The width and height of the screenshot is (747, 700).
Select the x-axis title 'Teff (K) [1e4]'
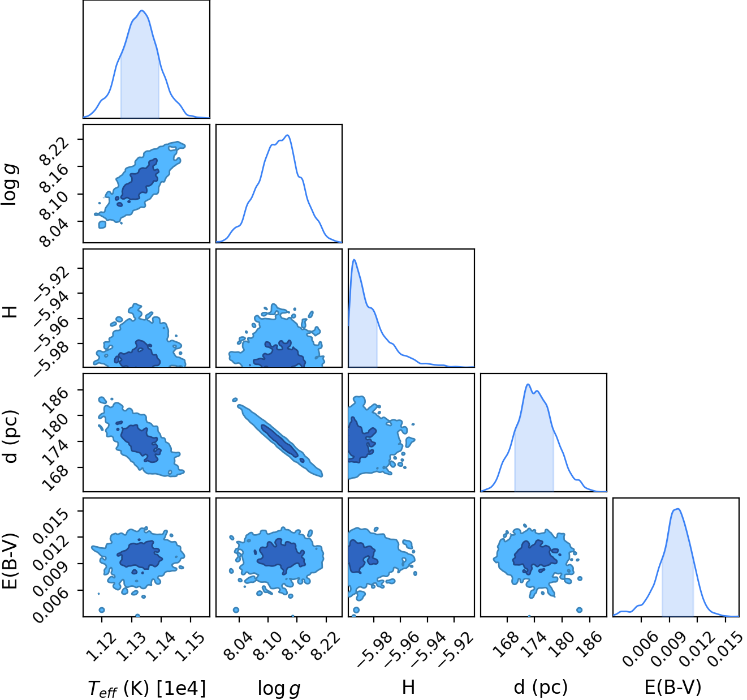146,689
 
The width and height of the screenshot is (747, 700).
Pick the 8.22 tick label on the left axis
54,151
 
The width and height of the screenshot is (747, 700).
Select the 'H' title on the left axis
10,312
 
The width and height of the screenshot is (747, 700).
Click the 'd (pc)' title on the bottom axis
541,689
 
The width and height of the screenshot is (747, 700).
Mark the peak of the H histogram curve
354,259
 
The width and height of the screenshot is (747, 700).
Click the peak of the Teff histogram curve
142,11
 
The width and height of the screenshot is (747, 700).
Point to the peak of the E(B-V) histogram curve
677,509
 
